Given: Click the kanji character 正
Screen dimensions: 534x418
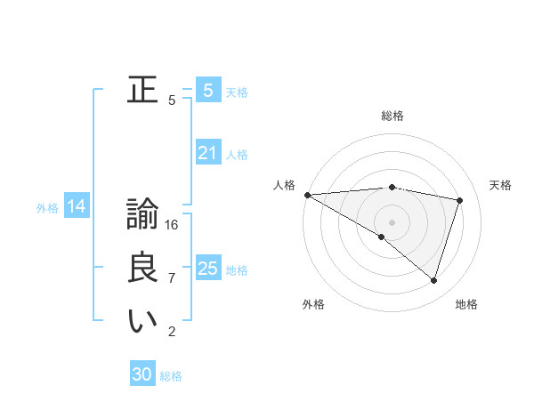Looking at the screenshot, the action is click(x=142, y=90).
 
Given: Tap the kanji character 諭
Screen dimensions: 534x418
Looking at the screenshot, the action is click(x=142, y=214).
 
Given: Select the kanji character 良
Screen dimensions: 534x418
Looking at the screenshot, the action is click(x=142, y=268).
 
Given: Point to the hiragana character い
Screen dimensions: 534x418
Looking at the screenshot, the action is click(x=142, y=321).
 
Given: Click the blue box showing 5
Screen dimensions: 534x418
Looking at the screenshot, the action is click(x=207, y=90).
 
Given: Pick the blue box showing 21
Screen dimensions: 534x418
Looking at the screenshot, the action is click(x=207, y=153).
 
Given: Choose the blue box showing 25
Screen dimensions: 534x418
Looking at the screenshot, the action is click(x=207, y=268).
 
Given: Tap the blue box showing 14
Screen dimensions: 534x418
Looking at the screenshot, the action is click(x=77, y=207).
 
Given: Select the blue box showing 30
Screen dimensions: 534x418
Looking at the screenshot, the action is click(x=142, y=374).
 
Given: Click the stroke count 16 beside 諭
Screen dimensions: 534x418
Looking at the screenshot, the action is click(x=173, y=225).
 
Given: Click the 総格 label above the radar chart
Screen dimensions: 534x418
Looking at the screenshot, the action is click(x=392, y=116).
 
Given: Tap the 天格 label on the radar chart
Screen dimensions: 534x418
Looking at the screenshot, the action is click(x=500, y=185).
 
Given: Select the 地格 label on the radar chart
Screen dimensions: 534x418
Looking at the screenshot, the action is click(x=466, y=304).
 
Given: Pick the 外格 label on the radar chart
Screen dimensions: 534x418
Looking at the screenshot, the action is click(x=313, y=304).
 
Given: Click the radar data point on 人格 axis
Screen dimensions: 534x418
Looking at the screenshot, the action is click(x=307, y=194).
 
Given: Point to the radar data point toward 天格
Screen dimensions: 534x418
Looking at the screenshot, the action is click(x=460, y=200).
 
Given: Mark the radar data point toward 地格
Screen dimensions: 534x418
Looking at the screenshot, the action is click(x=433, y=280).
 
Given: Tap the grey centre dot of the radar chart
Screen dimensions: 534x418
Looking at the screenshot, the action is click(x=392, y=221).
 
